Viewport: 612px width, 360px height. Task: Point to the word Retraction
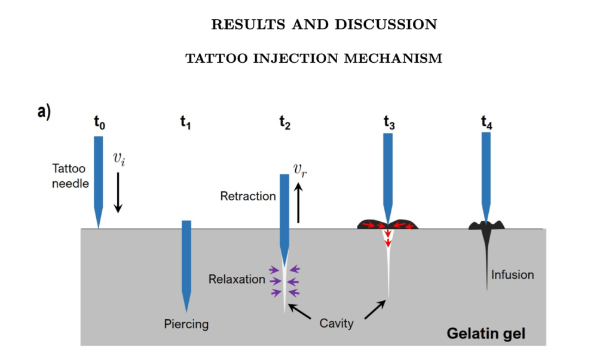coord(248,196)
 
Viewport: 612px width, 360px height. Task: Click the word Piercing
coord(186,325)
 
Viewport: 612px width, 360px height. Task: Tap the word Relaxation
coord(237,279)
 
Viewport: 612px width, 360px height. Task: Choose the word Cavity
coord(336,324)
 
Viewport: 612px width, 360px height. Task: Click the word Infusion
coord(512,275)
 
